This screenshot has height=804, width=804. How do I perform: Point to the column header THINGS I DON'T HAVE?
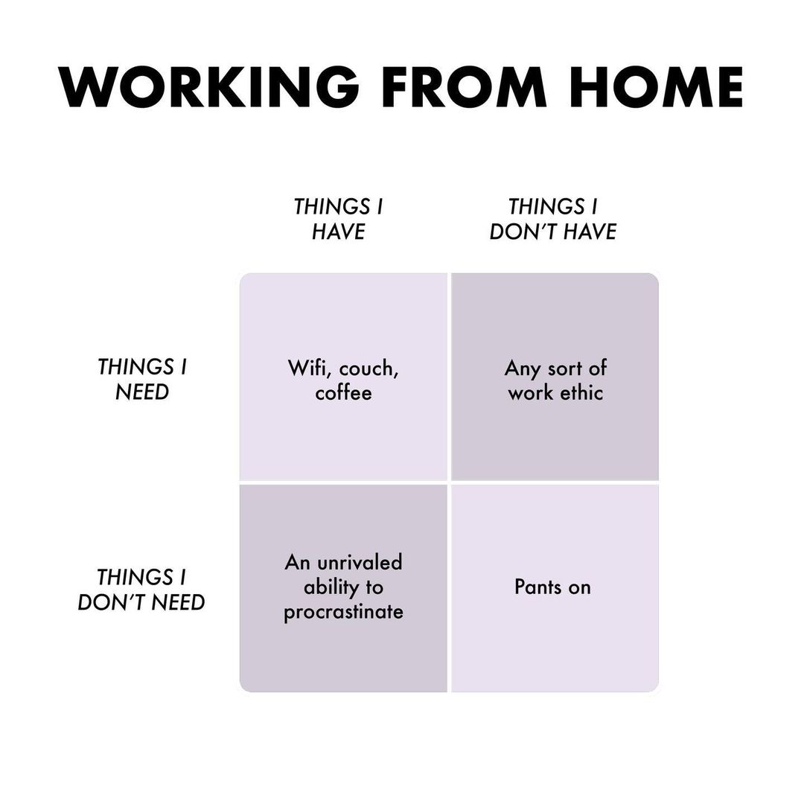553,219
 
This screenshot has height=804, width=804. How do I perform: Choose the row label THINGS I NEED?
141,380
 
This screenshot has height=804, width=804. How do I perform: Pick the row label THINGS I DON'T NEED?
141,590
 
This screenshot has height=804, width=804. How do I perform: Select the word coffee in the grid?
343,393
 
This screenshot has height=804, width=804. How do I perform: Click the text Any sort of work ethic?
555,380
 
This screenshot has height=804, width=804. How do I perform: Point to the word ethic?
581,393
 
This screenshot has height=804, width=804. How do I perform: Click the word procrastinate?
343,613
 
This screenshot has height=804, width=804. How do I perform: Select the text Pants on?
552,587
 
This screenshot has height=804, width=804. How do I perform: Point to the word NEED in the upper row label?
141,392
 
